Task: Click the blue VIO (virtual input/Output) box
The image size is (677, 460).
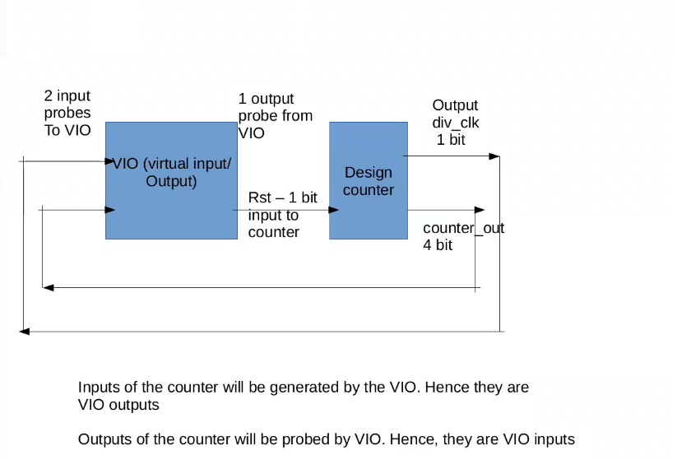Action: [x=171, y=206]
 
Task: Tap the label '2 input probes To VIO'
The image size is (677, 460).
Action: [x=67, y=114]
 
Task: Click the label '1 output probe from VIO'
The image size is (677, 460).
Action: [x=275, y=116]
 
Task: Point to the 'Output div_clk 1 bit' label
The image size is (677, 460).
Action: [x=456, y=123]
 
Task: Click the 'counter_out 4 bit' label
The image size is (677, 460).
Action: [x=462, y=236]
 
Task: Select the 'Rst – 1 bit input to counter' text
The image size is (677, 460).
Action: [x=282, y=216]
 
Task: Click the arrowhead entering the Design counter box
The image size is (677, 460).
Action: [x=334, y=210]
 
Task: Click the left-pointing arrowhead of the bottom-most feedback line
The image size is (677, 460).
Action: [x=25, y=331]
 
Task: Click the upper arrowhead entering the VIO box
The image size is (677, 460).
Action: [x=109, y=161]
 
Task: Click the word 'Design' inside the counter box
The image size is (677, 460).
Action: [x=368, y=173]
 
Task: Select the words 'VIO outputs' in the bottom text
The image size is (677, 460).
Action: [x=118, y=405]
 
